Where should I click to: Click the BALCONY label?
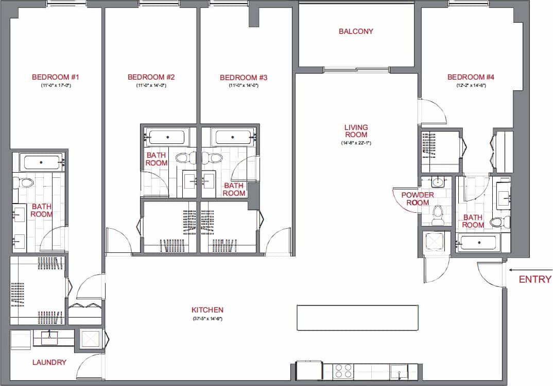click(356, 31)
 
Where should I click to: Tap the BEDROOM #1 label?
click(55, 78)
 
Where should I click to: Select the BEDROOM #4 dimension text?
click(471, 85)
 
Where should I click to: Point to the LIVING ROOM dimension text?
click(356, 143)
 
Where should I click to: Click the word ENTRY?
click(535, 280)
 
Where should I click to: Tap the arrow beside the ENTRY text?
click(514, 269)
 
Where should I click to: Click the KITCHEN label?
click(207, 310)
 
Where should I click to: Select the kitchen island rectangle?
click(357, 318)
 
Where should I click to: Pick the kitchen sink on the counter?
click(399, 371)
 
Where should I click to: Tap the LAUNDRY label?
click(49, 362)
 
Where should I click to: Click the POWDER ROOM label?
click(418, 198)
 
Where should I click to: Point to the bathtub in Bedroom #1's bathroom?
click(42, 162)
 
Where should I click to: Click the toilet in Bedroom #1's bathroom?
click(25, 182)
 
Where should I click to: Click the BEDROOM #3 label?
click(244, 78)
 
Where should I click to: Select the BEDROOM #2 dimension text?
click(151, 85)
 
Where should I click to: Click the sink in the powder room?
click(437, 181)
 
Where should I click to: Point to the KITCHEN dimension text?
click(207, 319)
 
